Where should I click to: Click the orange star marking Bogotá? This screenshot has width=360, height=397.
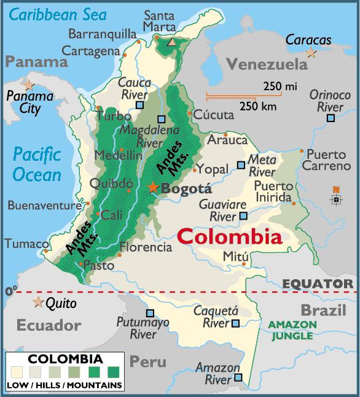152,187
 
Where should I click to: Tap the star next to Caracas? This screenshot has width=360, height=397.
311,53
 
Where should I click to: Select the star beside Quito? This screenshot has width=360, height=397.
38,302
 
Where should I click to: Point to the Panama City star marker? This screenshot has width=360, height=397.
28,85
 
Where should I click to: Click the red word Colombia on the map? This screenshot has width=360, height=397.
230,237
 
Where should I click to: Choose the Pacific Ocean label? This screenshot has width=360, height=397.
37,164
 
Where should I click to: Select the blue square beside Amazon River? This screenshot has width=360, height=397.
238,378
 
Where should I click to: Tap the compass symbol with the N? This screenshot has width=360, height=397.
335,198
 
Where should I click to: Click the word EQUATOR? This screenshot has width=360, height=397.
318,283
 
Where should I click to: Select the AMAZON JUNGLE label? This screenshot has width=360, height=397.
292,330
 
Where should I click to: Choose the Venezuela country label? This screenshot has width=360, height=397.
267,64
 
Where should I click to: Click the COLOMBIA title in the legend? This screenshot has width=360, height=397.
66,358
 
